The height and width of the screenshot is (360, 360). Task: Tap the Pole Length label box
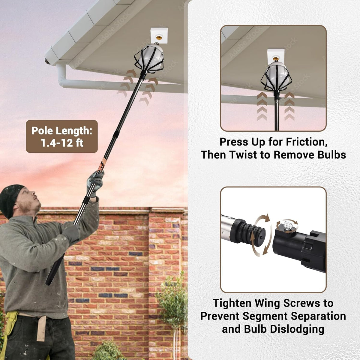coord(62,136)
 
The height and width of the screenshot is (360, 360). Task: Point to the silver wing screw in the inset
coord(287,224)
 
